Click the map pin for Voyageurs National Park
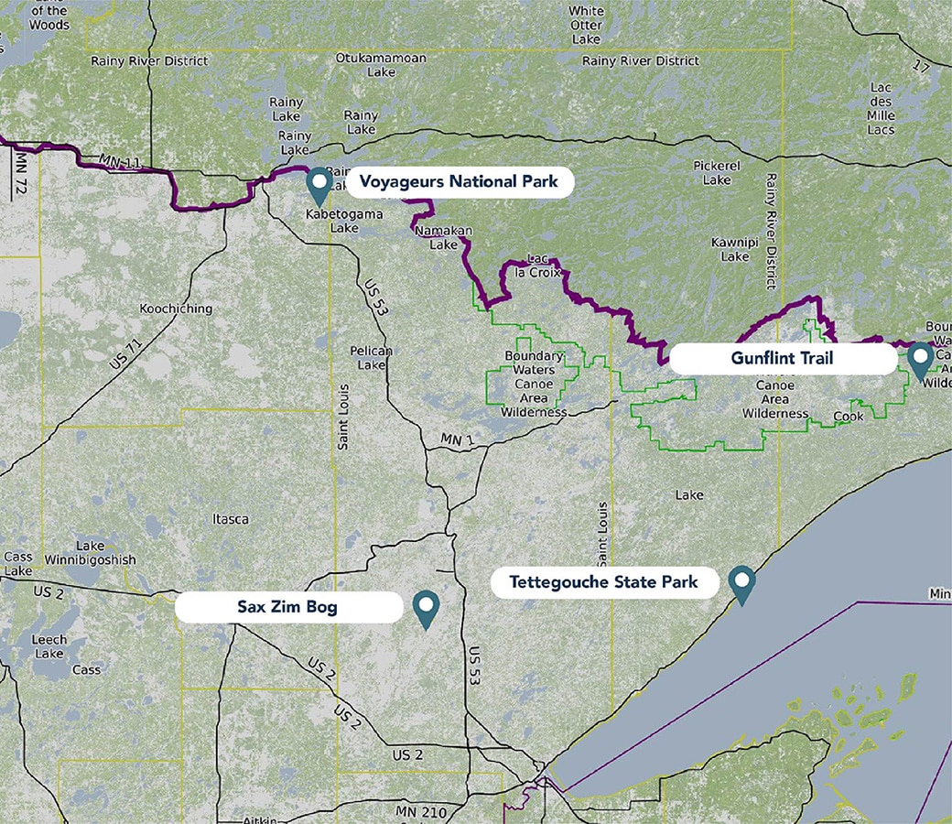[319, 184]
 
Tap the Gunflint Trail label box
[783, 358]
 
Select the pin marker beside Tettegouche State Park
[741, 583]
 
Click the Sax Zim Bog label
[287, 607]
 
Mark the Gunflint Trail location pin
[920, 360]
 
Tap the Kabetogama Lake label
[331, 221]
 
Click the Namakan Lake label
[436, 239]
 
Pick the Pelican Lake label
[372, 358]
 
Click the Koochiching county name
[176, 309]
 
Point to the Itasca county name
[230, 519]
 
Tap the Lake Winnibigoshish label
[105, 553]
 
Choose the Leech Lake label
[49, 646]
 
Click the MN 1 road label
[457, 440]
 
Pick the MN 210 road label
[419, 812]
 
